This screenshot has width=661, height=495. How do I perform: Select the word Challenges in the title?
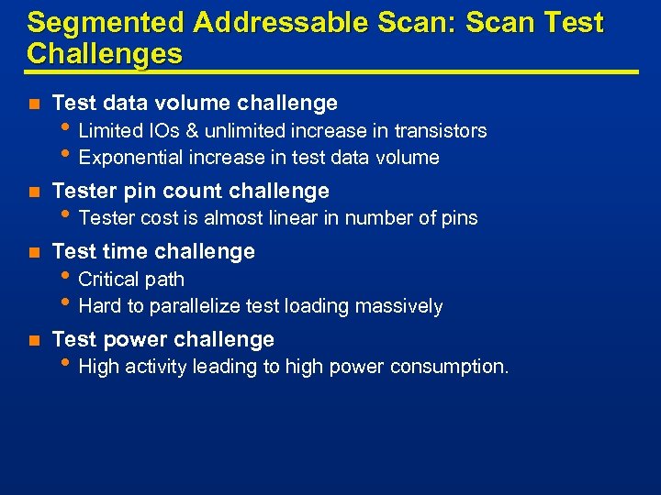105,53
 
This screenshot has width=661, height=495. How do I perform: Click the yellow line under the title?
330,71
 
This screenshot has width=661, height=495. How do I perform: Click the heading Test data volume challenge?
195,103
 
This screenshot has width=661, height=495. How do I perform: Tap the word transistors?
441,131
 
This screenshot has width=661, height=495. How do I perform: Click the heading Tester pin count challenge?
191,191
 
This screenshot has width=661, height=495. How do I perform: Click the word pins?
459,218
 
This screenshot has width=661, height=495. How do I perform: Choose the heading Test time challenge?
153,251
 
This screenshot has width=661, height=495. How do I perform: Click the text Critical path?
131,280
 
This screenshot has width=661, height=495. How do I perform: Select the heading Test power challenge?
163,339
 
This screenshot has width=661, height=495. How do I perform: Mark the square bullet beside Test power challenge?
33,340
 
